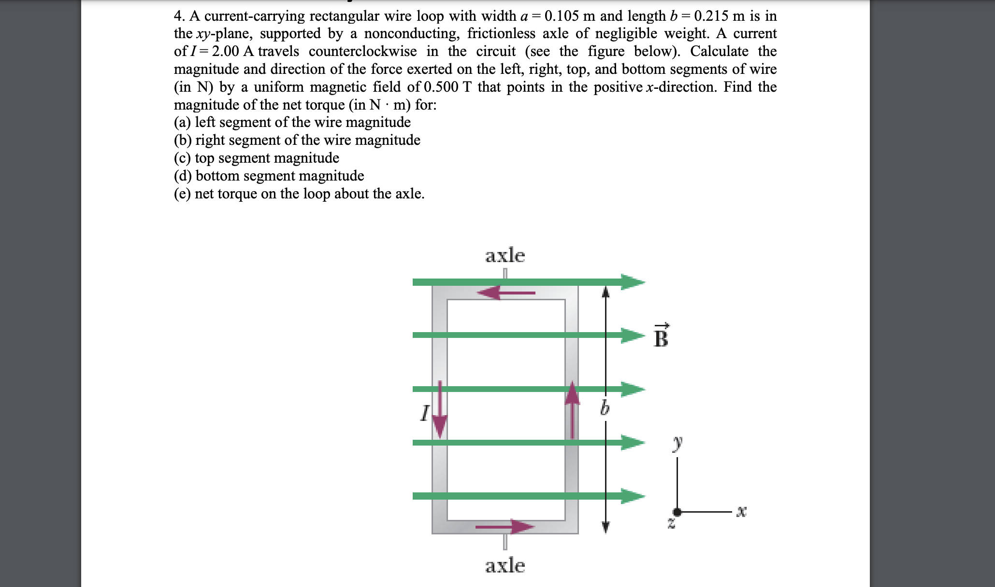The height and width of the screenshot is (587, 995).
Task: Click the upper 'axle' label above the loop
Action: pos(505,255)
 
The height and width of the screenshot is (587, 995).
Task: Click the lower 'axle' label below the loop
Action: pos(505,565)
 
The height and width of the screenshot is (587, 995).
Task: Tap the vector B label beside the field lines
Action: pos(661,336)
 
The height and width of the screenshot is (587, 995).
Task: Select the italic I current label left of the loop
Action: pos(424,413)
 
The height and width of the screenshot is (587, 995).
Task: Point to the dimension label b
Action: pos(605,408)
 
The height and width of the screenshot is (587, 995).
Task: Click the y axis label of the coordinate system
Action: pos(678,442)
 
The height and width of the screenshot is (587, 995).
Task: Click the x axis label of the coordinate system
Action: pos(741,511)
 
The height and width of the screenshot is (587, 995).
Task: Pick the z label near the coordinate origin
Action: pos(671,523)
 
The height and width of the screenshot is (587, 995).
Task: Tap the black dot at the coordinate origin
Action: pos(677,512)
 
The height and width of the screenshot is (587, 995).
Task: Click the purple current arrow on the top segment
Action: pos(505,293)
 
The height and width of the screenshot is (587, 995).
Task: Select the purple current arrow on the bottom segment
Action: pos(505,527)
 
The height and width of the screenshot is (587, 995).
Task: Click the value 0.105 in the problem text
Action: pos(562,16)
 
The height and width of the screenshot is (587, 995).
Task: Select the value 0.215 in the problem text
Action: pos(711,16)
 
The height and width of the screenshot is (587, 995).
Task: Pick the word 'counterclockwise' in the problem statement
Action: pos(362,52)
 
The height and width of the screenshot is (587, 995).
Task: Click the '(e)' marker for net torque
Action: pos(182,194)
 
